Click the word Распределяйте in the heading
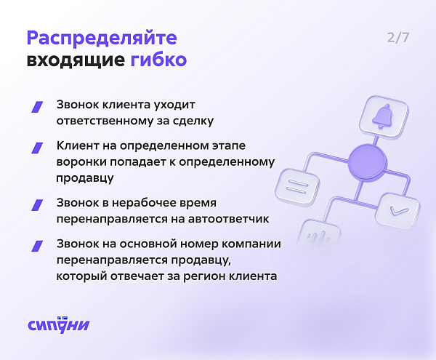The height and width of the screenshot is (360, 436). pyautogui.click(x=102, y=38)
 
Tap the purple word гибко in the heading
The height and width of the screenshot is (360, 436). pyautogui.click(x=158, y=60)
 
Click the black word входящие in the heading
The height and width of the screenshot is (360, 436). pyautogui.click(x=76, y=60)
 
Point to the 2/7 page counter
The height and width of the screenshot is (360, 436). pyautogui.click(x=398, y=38)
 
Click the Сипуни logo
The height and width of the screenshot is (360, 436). pyautogui.click(x=59, y=324)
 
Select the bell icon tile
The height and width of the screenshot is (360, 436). pyautogui.click(x=384, y=116)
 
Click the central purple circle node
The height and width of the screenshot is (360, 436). pyautogui.click(x=367, y=162)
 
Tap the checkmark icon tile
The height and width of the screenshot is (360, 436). pyautogui.click(x=397, y=212)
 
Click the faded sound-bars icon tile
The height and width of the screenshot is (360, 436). pyautogui.click(x=319, y=236)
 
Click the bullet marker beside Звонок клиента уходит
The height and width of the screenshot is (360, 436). pyautogui.click(x=37, y=107)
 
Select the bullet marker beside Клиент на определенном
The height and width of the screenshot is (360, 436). pyautogui.click(x=37, y=148)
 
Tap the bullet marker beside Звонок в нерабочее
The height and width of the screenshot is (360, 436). pyautogui.click(x=37, y=205)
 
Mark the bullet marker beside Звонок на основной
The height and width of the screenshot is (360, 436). pyautogui.click(x=37, y=247)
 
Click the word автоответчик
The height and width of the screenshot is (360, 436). pyautogui.click(x=229, y=219)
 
